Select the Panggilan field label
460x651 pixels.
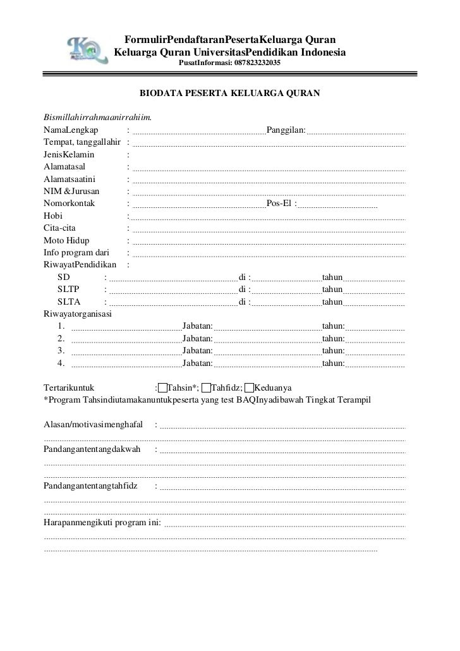[x=286, y=130]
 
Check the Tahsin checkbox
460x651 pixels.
[x=163, y=387]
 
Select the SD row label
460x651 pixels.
[x=64, y=277]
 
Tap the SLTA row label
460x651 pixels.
[x=69, y=301]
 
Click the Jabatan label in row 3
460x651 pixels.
[x=197, y=350]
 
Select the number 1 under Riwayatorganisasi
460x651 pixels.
[x=61, y=326]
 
